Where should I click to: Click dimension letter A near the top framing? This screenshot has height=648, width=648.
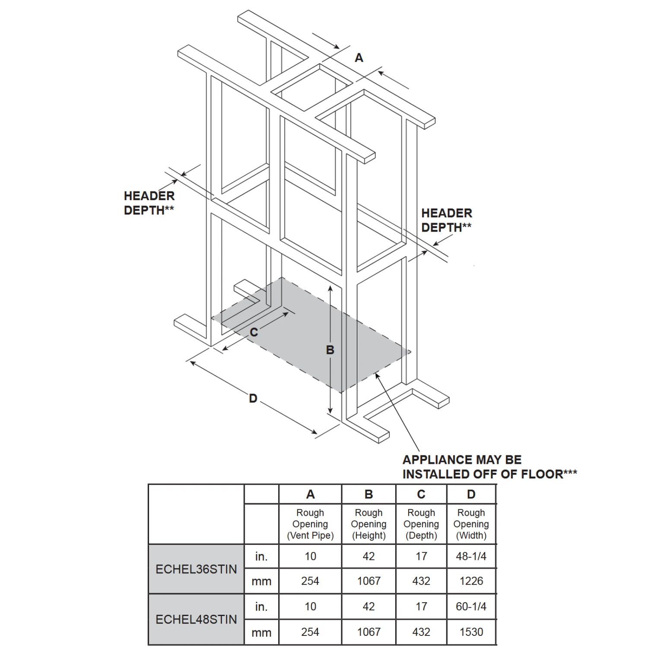[359, 58]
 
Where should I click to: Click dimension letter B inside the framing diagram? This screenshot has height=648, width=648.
[330, 350]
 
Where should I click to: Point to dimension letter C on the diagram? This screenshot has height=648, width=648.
[254, 332]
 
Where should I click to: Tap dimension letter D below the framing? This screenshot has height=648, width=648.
[253, 398]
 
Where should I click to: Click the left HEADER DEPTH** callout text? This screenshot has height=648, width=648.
[149, 203]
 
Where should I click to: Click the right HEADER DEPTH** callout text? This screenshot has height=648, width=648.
[447, 220]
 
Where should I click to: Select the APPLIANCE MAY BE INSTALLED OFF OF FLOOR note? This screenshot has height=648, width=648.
[489, 467]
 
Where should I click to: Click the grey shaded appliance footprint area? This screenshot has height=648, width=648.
[311, 337]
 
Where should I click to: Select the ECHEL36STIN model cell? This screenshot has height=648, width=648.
[196, 569]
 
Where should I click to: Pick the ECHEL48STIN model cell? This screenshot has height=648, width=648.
[196, 619]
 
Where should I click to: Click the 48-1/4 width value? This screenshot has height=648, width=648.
[471, 556]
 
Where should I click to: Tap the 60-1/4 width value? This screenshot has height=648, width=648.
[471, 607]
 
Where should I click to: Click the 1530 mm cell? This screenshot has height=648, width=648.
[471, 632]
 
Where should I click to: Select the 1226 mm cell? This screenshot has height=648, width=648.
[471, 581]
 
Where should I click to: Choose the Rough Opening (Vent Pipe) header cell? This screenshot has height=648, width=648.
[310, 524]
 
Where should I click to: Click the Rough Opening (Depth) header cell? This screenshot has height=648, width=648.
[421, 524]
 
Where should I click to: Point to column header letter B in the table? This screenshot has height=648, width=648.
[368, 494]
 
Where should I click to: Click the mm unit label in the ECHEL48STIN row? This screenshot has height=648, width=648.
[261, 632]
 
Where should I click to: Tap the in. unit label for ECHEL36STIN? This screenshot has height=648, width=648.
[261, 556]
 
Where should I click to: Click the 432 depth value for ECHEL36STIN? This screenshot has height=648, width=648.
[421, 581]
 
